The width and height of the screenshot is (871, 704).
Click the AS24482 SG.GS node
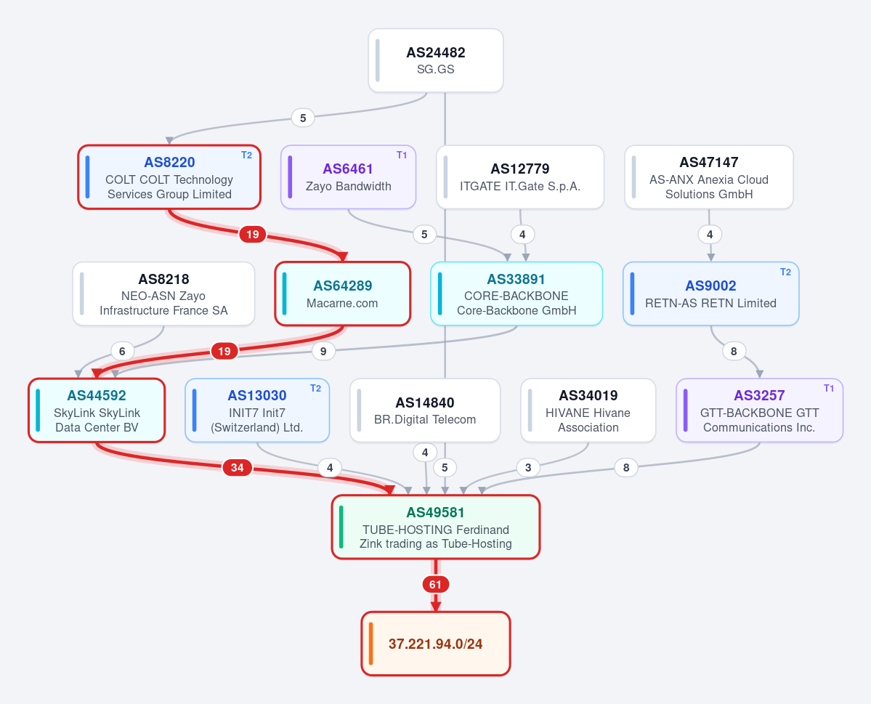[436, 60]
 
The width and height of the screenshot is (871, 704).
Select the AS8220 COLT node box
[169, 177]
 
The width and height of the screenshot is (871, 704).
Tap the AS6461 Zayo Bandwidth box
[348, 177]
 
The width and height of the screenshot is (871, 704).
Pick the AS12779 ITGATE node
[520, 177]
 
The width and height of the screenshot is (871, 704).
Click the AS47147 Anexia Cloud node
[709, 177]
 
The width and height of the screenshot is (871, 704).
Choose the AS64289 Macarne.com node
[343, 294]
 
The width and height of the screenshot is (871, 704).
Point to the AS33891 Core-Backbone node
[516, 294]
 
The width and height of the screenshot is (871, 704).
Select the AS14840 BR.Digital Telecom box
[425, 410]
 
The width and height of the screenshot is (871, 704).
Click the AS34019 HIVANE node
[588, 410]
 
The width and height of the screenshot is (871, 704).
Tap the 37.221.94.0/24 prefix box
[436, 644]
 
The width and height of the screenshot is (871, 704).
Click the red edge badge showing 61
[436, 585]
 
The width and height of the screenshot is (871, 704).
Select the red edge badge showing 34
[238, 468]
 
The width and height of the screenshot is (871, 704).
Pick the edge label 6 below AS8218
[122, 351]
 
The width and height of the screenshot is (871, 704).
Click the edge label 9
[323, 351]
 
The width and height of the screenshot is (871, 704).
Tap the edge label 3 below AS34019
[528, 468]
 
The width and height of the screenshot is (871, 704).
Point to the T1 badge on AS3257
[829, 389]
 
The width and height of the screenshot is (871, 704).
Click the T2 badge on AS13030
[315, 389]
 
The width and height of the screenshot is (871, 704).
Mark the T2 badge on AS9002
[785, 272]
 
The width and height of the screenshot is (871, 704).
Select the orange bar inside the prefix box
[370, 644]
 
